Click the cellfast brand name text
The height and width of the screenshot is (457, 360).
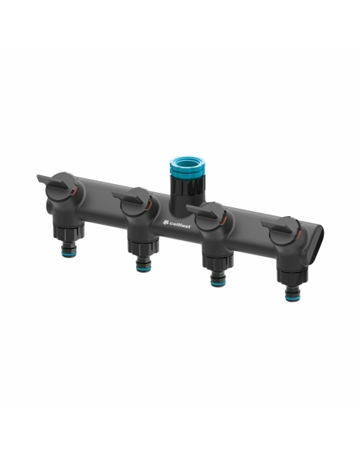point(180,225)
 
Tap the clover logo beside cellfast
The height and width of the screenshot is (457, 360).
point(166,223)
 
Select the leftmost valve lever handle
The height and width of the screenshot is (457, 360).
point(54,182)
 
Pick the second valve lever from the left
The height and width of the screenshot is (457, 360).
point(128,198)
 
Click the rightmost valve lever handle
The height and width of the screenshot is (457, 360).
point(276,227)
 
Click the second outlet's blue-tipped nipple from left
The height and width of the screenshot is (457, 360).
point(143,263)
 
